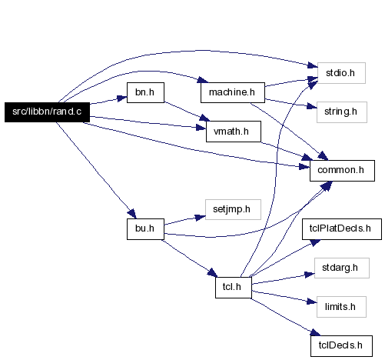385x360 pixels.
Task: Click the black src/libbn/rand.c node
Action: coord(47,112)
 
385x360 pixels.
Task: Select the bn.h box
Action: coord(145,92)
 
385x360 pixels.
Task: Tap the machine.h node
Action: coord(233,92)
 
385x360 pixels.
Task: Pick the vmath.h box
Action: coord(234,132)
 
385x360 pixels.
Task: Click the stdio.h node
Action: coord(341,73)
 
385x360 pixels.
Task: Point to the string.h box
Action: coord(342,112)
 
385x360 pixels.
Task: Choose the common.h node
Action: coord(342,171)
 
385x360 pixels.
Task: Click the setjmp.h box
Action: coord(233,209)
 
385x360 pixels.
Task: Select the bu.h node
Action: coord(145,229)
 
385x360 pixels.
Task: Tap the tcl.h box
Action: coord(234,288)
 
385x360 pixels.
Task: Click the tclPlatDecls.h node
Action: coord(342,229)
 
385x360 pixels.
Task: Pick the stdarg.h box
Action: coord(342,268)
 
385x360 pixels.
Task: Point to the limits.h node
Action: coord(341,307)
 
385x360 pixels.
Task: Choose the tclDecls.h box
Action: coord(341,346)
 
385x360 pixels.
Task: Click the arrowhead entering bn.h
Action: coord(122,98)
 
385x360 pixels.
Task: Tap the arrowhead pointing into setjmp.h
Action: coord(201,218)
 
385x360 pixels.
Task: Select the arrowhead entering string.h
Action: coord(312,106)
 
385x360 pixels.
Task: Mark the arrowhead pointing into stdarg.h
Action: coord(310,275)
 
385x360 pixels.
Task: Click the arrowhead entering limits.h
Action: coord(312,302)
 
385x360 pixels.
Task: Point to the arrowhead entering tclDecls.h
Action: coord(316,332)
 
